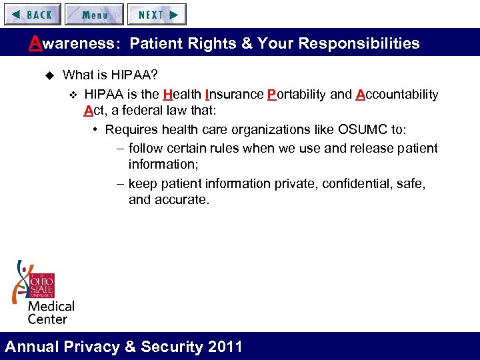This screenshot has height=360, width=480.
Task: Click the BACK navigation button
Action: [32, 14]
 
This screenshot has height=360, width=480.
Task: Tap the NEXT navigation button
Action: [157, 14]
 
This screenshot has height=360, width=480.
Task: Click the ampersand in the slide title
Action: [244, 44]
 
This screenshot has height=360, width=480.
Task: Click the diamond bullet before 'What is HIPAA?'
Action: [48, 75]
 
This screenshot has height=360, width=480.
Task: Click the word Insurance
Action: [234, 94]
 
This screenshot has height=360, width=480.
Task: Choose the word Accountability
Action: [397, 94]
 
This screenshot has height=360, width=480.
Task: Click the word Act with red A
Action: [94, 111]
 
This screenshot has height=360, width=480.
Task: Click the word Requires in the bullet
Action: [130, 129]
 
